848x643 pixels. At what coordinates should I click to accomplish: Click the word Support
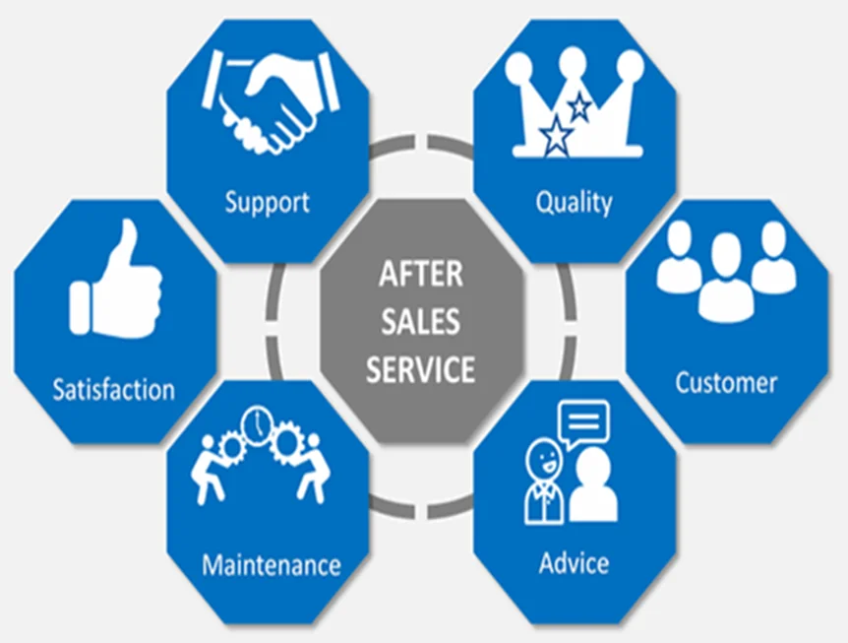pos(268,203)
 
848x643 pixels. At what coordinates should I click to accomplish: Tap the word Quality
pos(574,203)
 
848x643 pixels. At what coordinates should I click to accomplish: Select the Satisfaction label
pos(113,389)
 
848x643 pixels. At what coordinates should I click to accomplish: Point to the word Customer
pos(726,383)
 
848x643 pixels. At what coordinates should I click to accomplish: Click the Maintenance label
pos(271,565)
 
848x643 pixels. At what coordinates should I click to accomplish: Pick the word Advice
pos(574,563)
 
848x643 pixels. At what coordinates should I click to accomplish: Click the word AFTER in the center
pos(421,274)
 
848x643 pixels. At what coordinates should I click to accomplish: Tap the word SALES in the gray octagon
pos(421,321)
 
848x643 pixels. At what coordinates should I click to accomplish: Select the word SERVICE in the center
pos(421,369)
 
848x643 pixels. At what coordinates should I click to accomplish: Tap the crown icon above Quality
pos(575,102)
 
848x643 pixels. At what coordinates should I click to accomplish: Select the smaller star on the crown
pos(579,107)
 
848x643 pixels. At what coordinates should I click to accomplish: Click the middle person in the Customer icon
pos(726,279)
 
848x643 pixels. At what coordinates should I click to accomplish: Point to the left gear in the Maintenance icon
pos(232,448)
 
